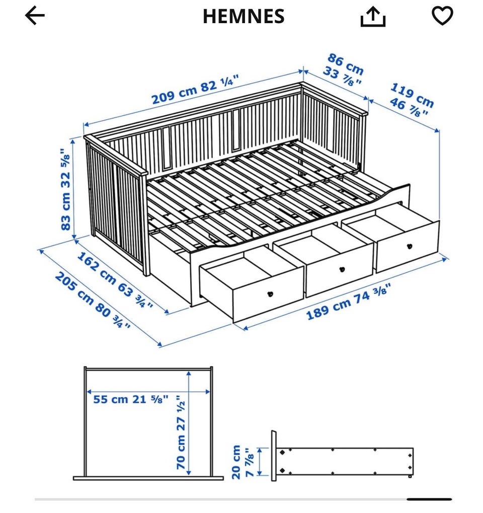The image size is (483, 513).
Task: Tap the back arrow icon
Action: tap(35, 16)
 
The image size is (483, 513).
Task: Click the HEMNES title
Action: tap(244, 16)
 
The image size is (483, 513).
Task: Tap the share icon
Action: tap(373, 17)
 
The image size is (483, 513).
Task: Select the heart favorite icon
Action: tap(442, 16)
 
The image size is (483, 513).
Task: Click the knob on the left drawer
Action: tap(270, 294)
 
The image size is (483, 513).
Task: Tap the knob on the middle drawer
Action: tap(343, 269)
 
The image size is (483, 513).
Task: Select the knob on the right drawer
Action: tap(410, 246)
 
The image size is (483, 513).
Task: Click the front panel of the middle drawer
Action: tap(339, 270)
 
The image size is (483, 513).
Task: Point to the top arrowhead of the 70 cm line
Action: tap(189, 374)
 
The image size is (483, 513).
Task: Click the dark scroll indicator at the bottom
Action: tap(429, 499)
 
